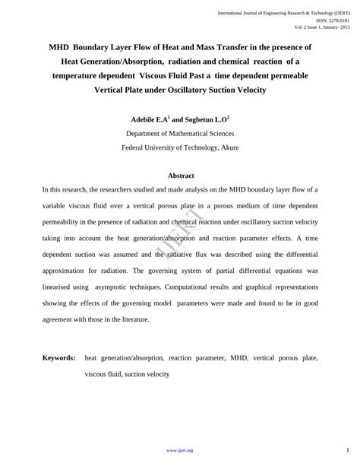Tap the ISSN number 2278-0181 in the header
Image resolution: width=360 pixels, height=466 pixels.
click(339, 21)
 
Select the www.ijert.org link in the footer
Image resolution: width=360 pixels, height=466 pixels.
click(179, 450)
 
